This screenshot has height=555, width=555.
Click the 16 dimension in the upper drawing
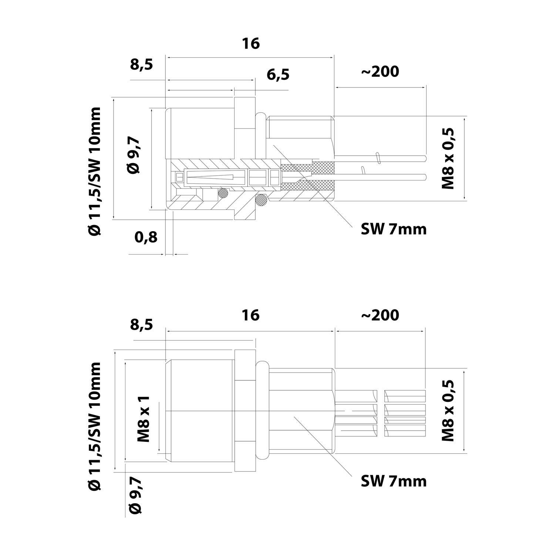(x=251, y=44)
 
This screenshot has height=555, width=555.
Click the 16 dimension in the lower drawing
(x=251, y=315)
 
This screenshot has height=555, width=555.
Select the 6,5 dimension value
(x=278, y=75)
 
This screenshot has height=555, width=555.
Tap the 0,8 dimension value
(x=146, y=237)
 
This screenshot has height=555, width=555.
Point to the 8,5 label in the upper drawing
(x=142, y=64)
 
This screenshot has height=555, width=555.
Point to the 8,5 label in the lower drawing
(x=142, y=325)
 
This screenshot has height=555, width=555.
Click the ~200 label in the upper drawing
(x=380, y=71)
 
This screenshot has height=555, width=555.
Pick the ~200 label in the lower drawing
(x=380, y=315)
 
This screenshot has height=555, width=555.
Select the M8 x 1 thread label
(x=144, y=419)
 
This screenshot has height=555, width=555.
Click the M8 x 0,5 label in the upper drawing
(x=448, y=159)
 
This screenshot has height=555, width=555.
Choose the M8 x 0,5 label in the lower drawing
(x=448, y=411)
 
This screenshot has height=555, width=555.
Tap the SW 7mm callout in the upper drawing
(x=394, y=229)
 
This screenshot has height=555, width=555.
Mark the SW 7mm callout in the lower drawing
(x=394, y=481)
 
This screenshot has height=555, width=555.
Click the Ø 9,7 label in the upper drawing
(x=134, y=155)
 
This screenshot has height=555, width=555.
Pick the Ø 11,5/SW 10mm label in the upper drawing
(x=95, y=171)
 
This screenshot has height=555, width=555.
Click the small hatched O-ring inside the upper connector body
(x=223, y=192)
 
